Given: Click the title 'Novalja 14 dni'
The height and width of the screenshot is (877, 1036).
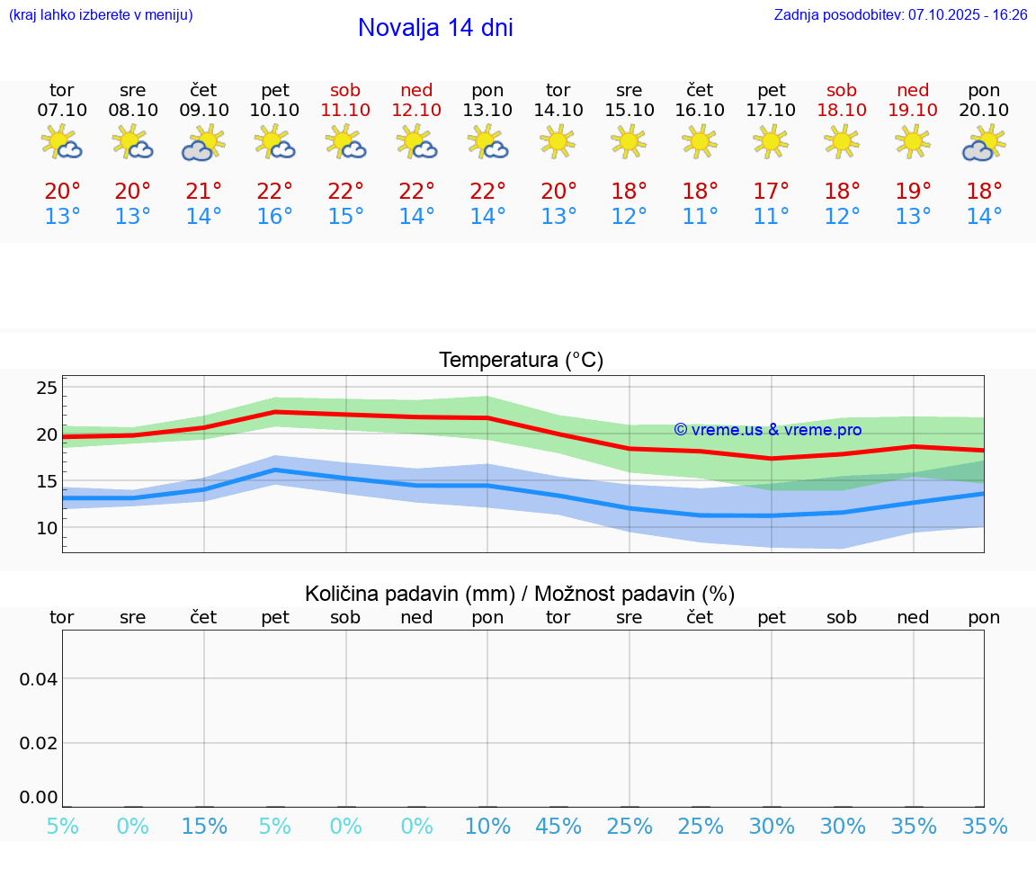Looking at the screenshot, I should [x=435, y=28].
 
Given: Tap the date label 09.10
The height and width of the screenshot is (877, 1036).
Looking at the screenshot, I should [x=203, y=111].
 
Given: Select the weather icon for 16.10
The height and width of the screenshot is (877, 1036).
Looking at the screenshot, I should [x=700, y=141].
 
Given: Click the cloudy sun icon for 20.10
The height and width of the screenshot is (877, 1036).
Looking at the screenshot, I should [x=984, y=143].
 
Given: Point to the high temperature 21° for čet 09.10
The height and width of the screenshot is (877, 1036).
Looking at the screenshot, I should [x=203, y=192].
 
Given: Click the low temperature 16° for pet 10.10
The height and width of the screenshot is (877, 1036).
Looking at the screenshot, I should [x=274, y=217].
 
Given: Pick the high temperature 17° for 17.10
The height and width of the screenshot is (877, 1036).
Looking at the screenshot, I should [x=771, y=192].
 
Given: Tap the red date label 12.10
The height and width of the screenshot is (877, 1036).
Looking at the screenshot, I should [x=416, y=111].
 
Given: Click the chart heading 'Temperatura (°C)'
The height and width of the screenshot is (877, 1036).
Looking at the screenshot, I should [x=521, y=361].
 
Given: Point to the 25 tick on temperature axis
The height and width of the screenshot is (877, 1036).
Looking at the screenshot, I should [x=47, y=389].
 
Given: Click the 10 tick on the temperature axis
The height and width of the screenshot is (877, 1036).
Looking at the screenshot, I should [x=47, y=528].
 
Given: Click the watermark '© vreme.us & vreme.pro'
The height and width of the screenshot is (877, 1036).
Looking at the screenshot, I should [x=767, y=430].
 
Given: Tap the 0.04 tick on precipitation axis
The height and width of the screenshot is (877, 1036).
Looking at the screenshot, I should [x=39, y=678].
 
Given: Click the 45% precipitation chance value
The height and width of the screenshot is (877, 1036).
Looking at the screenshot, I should [x=558, y=826].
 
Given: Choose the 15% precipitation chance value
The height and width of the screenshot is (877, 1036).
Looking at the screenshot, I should [x=204, y=826].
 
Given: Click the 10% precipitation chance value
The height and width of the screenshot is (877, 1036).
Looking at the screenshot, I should [x=487, y=826].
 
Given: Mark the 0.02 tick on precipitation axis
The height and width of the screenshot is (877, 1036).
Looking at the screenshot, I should [x=39, y=743].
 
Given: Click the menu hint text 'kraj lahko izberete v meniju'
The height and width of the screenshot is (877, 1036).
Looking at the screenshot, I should [x=101, y=14].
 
